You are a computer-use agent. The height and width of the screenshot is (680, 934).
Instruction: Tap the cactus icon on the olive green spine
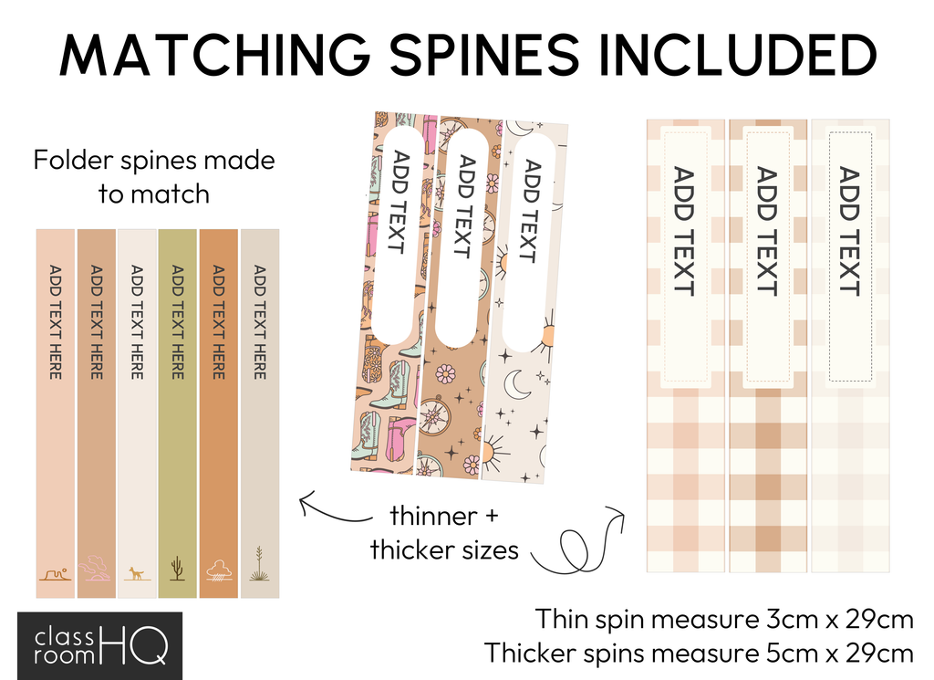[177, 569]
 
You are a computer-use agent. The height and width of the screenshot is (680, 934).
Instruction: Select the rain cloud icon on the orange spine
[219, 570]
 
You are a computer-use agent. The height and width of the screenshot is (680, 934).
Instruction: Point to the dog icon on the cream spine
[137, 573]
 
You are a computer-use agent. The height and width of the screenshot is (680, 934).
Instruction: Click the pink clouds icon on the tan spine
[95, 570]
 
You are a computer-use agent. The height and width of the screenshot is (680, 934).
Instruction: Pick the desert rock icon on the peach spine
[55, 574]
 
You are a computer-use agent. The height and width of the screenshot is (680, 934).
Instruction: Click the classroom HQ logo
[100, 644]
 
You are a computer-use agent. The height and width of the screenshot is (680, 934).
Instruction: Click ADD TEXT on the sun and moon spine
[526, 212]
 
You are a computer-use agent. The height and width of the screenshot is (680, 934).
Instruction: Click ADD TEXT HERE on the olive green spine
[177, 322]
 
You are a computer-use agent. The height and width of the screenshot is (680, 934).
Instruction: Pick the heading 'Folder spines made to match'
[154, 176]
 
